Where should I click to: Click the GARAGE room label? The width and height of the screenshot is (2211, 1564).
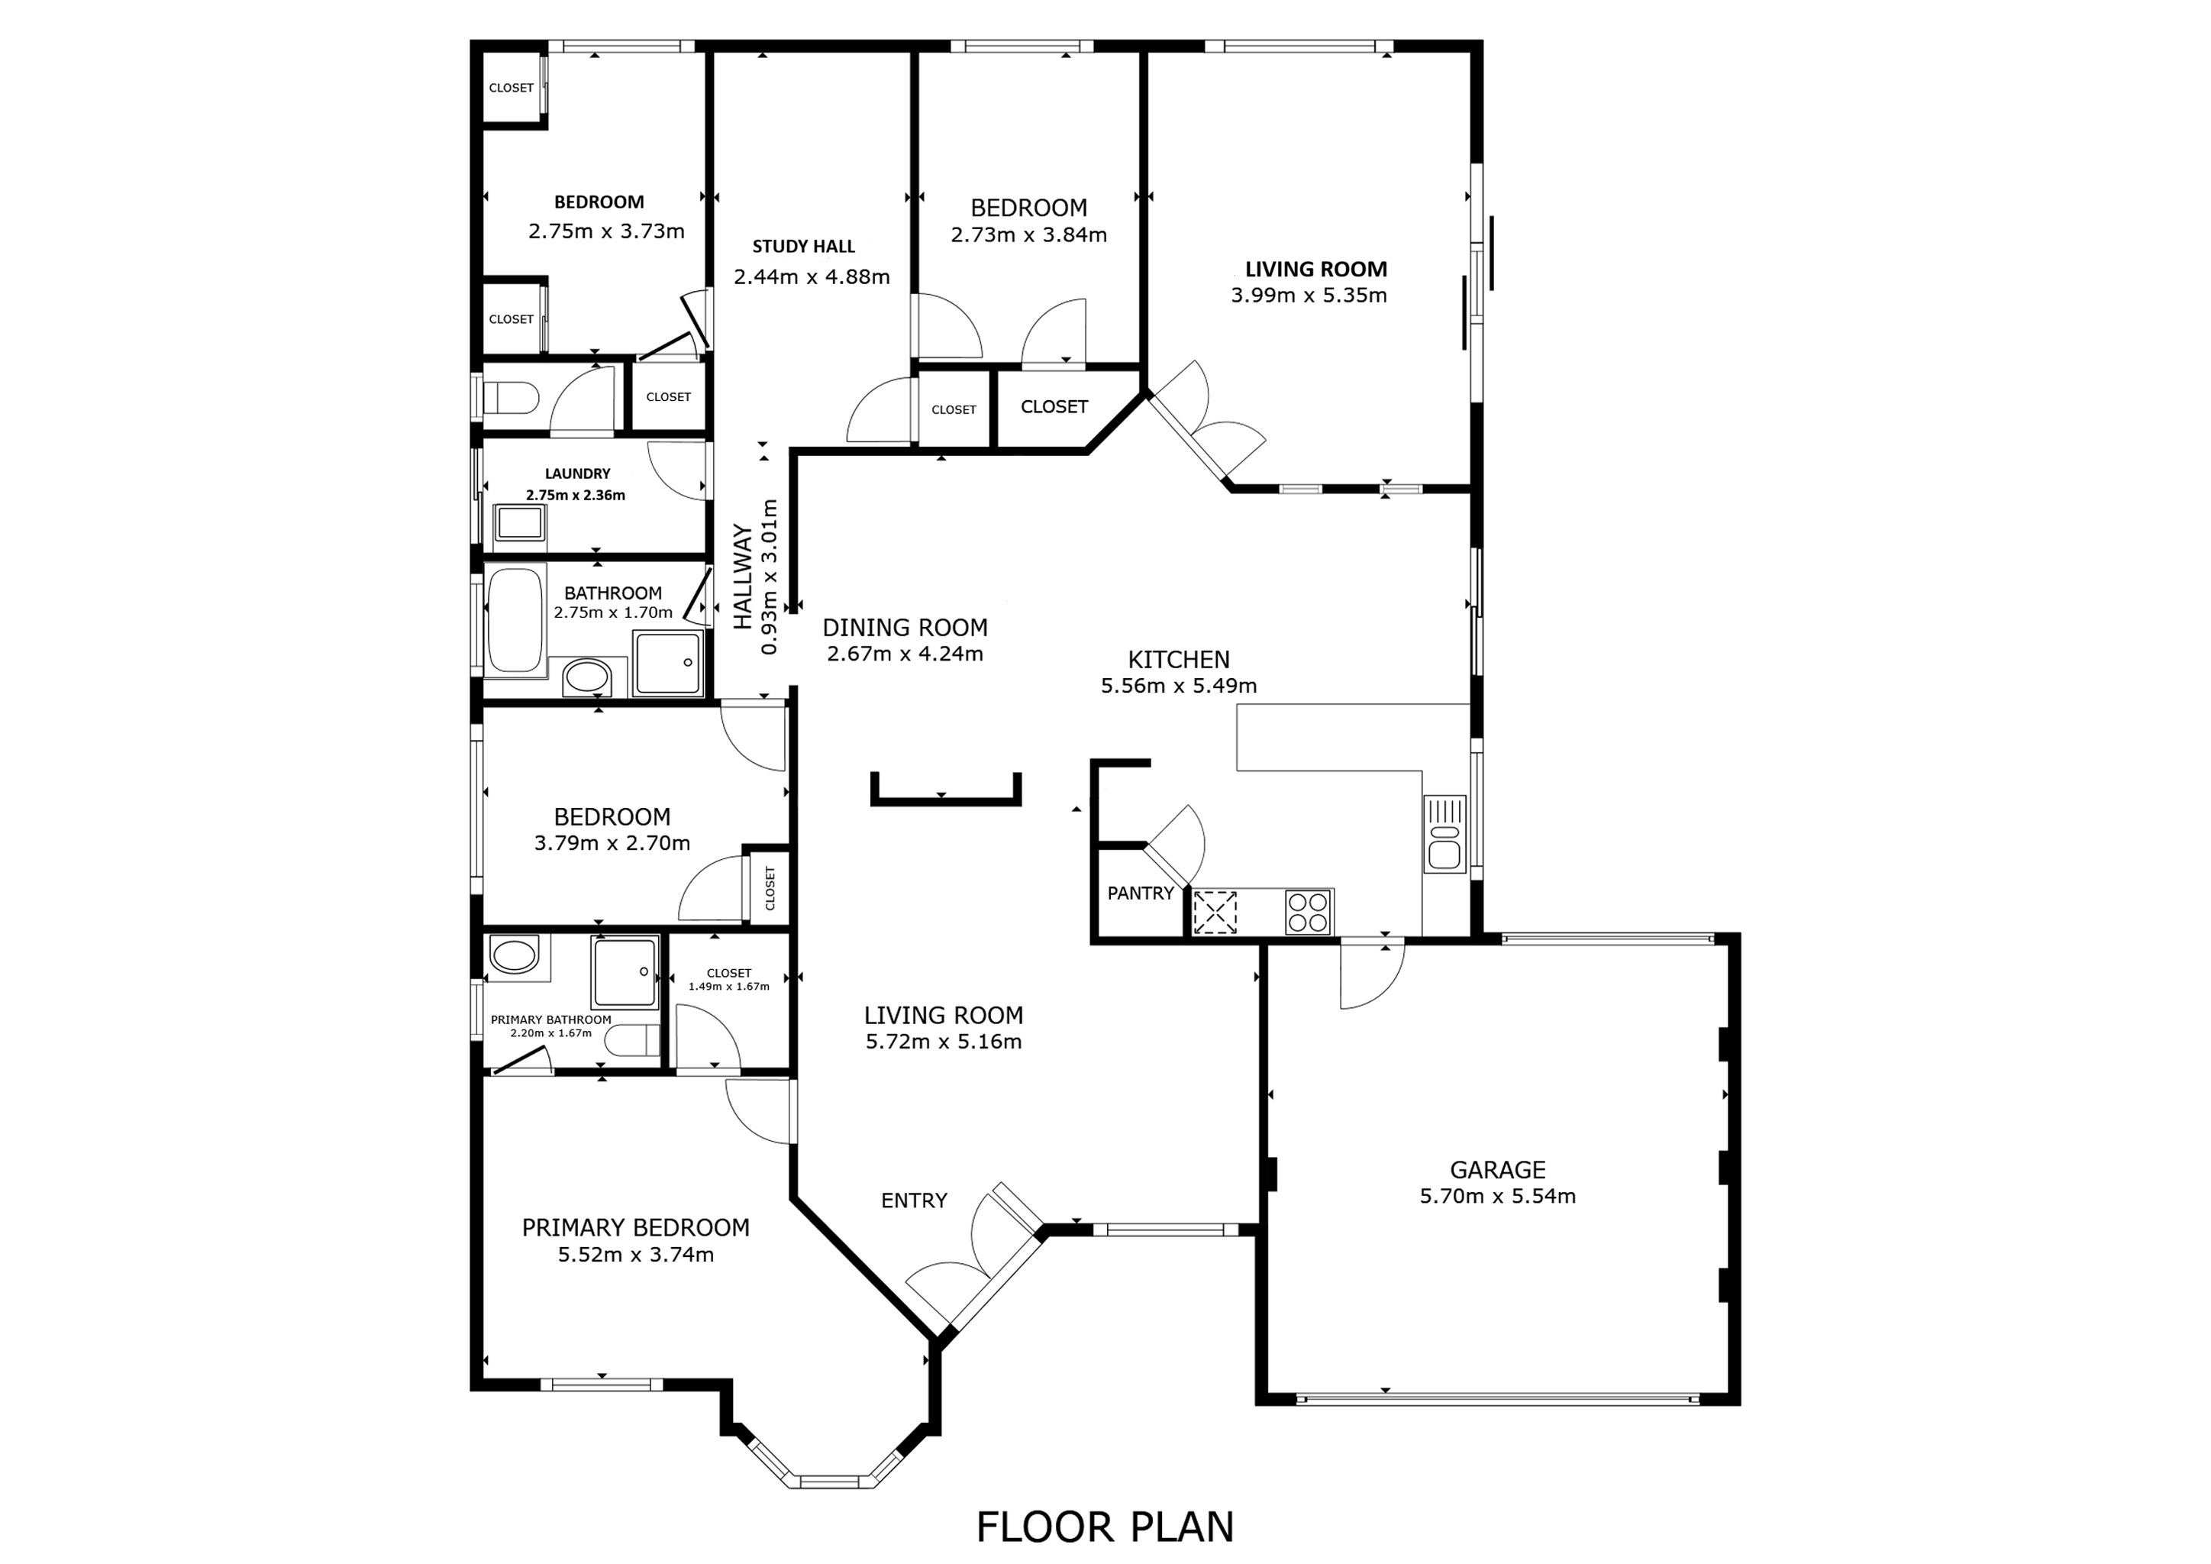[x=1496, y=1169]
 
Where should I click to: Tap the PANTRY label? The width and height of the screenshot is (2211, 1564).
[x=1140, y=893]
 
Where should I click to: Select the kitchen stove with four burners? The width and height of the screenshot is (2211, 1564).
[x=1308, y=911]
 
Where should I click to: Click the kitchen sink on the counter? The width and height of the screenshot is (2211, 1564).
[x=1444, y=834]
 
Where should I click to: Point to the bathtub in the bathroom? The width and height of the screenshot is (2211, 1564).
[x=515, y=619]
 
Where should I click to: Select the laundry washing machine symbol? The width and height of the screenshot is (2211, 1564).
[x=519, y=523]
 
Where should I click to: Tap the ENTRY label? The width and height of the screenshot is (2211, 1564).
[x=914, y=1200]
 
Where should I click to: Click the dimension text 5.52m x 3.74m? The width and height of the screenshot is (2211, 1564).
[x=635, y=1254]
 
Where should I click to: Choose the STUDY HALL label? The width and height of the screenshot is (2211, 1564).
[x=803, y=247]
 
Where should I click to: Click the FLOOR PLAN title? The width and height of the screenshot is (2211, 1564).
[x=1105, y=1527]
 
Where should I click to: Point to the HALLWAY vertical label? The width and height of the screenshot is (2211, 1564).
[x=742, y=576]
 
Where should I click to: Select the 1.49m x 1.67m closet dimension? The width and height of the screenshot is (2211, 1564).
[x=728, y=986]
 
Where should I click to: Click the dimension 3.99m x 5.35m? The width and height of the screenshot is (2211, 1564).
[x=1309, y=296]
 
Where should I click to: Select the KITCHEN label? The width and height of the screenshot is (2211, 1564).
[x=1179, y=660]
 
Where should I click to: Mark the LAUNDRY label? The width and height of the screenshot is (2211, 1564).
[x=577, y=473]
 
